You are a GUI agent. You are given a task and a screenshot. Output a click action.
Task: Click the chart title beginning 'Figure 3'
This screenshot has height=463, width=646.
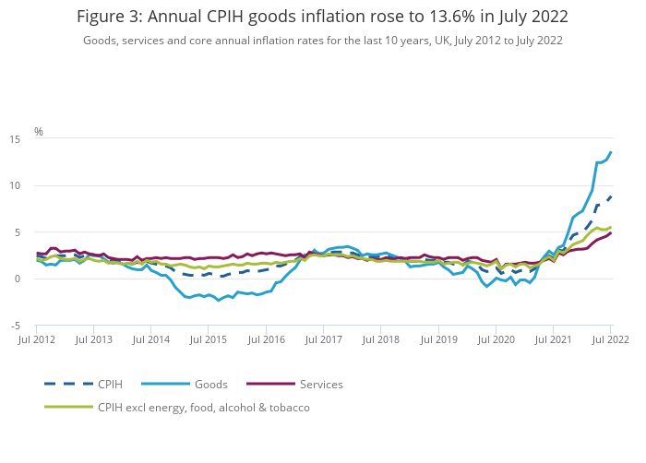point(322,17)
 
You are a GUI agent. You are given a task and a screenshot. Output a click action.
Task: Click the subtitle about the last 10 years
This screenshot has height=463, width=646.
point(322,41)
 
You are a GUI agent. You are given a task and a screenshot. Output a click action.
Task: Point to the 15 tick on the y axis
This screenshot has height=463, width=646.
point(16,139)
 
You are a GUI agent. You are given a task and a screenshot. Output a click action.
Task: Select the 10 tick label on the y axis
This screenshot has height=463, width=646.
point(16,185)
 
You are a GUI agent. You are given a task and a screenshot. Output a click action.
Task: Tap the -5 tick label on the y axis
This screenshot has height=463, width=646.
point(16,326)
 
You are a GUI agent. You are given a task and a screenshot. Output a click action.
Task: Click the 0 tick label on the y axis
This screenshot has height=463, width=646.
point(18,279)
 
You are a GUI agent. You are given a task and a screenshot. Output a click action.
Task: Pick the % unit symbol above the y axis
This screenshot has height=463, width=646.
point(39,132)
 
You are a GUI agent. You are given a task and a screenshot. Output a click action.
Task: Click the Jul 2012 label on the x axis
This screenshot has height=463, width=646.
point(37,340)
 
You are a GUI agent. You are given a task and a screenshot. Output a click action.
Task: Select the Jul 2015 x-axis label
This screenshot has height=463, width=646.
point(209,340)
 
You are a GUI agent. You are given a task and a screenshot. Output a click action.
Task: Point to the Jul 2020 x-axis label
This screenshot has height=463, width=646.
point(496,340)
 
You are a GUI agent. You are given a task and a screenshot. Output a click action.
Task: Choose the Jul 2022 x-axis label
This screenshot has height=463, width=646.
point(610,340)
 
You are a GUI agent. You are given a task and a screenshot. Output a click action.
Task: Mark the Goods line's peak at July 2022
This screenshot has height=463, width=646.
point(611,152)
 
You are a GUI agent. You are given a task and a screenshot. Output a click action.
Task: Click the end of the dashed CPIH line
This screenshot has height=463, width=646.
point(611,196)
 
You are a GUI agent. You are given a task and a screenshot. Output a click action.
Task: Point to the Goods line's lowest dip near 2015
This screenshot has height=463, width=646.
point(219,301)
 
